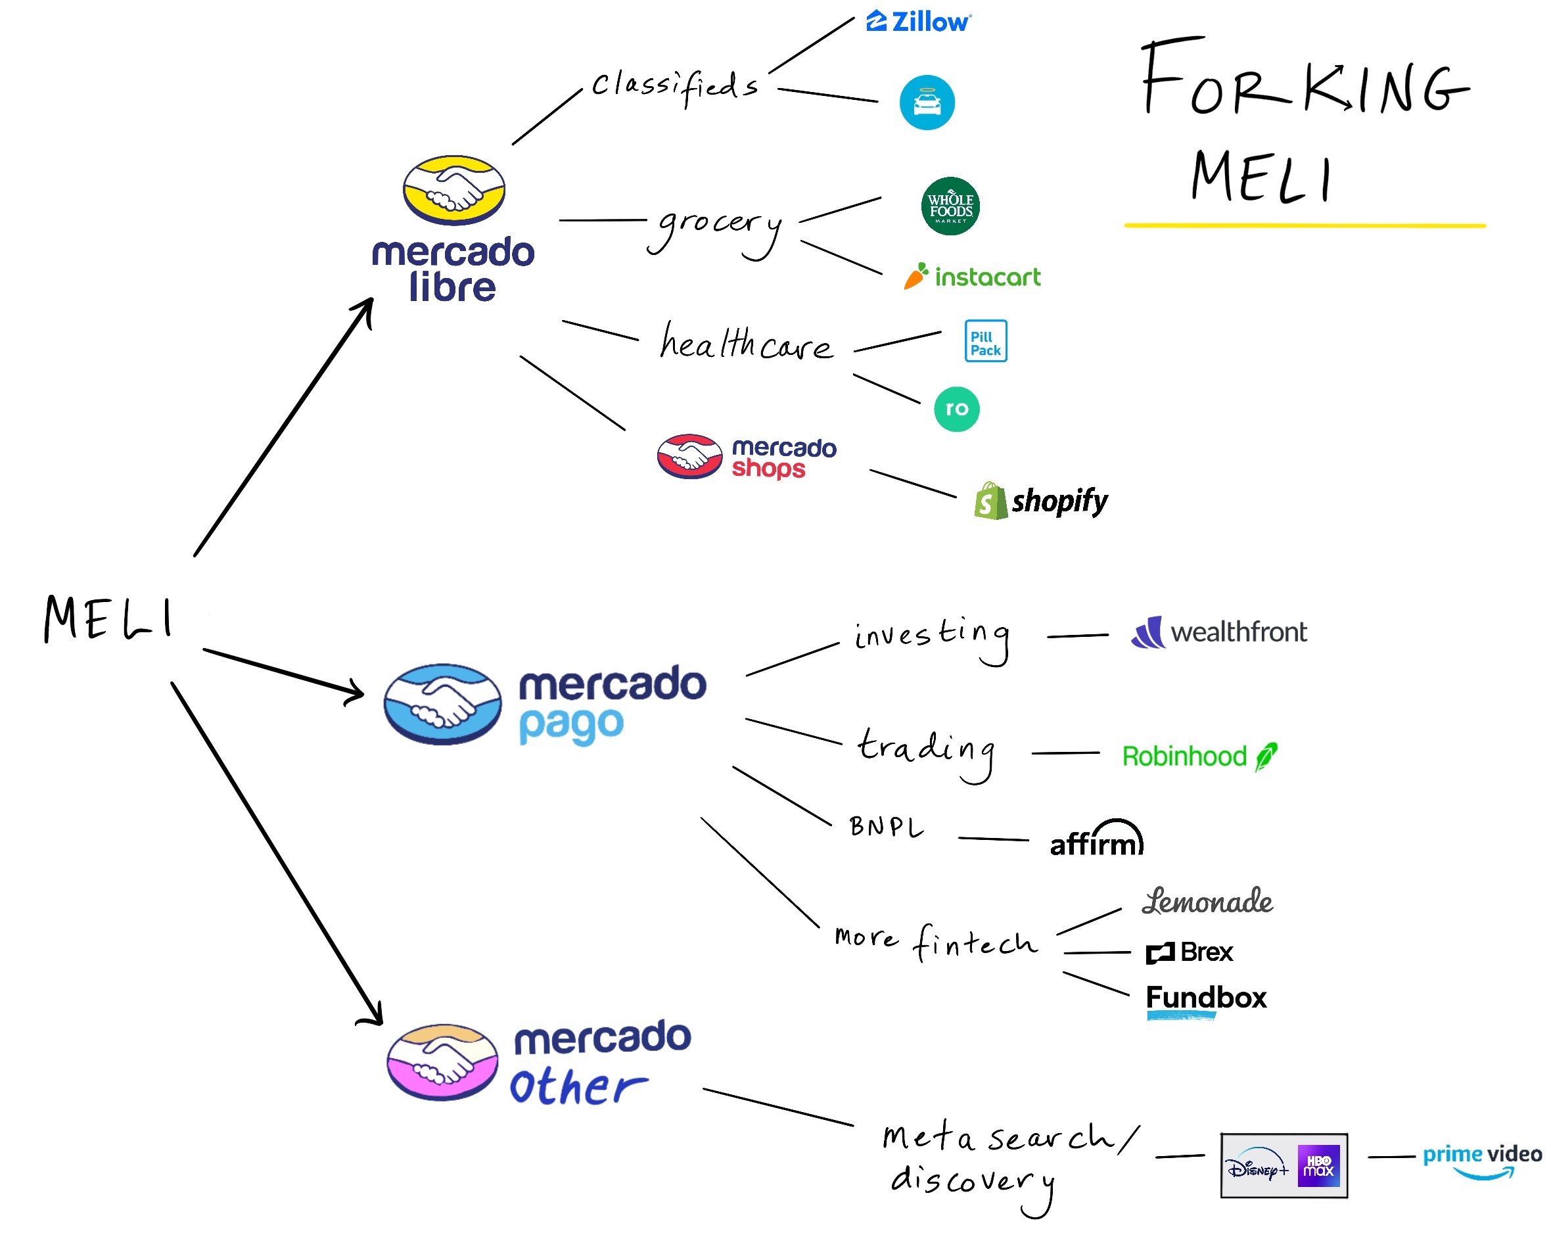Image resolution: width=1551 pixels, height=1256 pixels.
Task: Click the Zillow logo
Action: click(918, 22)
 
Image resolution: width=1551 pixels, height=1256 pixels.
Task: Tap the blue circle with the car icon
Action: click(926, 102)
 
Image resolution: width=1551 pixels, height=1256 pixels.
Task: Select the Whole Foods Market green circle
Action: click(950, 206)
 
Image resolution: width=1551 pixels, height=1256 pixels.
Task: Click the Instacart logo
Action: click(971, 275)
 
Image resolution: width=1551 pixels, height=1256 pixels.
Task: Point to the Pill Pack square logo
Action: click(985, 340)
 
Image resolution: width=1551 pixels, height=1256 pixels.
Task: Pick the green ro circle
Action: click(956, 409)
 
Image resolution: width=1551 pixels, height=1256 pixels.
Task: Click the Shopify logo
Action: click(1040, 501)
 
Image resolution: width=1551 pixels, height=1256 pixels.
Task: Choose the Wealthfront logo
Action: click(1218, 632)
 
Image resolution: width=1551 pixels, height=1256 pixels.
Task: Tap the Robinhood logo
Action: click(1199, 756)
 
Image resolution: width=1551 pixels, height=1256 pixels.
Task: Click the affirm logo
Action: click(1096, 838)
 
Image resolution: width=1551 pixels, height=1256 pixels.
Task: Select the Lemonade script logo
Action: click(1207, 902)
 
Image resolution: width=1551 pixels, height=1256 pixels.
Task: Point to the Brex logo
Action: click(1189, 952)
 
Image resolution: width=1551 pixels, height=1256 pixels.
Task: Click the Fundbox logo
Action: click(1206, 999)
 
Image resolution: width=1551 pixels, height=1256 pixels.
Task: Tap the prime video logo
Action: click(1481, 1160)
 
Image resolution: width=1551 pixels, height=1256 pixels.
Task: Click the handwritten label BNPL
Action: click(886, 827)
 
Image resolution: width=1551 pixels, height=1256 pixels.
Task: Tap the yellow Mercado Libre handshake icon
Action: click(453, 189)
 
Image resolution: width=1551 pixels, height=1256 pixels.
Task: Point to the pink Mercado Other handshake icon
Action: click(442, 1061)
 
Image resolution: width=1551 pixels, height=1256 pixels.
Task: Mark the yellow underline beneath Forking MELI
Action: click(1305, 225)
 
